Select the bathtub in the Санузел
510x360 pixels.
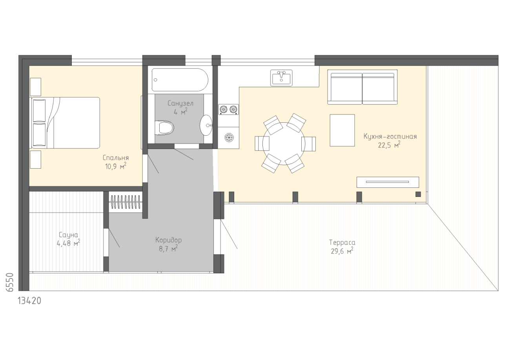(x=180, y=80)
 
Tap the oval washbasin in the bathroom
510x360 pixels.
(x=206, y=125)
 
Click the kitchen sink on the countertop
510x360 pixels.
(x=281, y=78)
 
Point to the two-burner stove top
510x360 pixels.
(x=228, y=110)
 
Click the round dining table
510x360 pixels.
(x=284, y=144)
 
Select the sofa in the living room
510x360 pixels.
(x=362, y=87)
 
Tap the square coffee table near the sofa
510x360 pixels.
(x=342, y=130)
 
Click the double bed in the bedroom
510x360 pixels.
(x=66, y=123)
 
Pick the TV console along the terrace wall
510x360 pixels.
(x=388, y=182)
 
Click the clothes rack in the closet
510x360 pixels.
(x=125, y=202)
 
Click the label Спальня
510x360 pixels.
(x=116, y=158)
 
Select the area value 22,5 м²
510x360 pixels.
(x=389, y=145)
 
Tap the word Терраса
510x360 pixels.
(x=342, y=242)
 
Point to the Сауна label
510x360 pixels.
(x=68, y=235)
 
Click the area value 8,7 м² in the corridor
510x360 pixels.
(x=168, y=249)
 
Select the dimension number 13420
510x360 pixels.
(x=29, y=301)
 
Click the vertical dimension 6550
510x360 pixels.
(x=10, y=282)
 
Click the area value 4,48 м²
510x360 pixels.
(x=68, y=243)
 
